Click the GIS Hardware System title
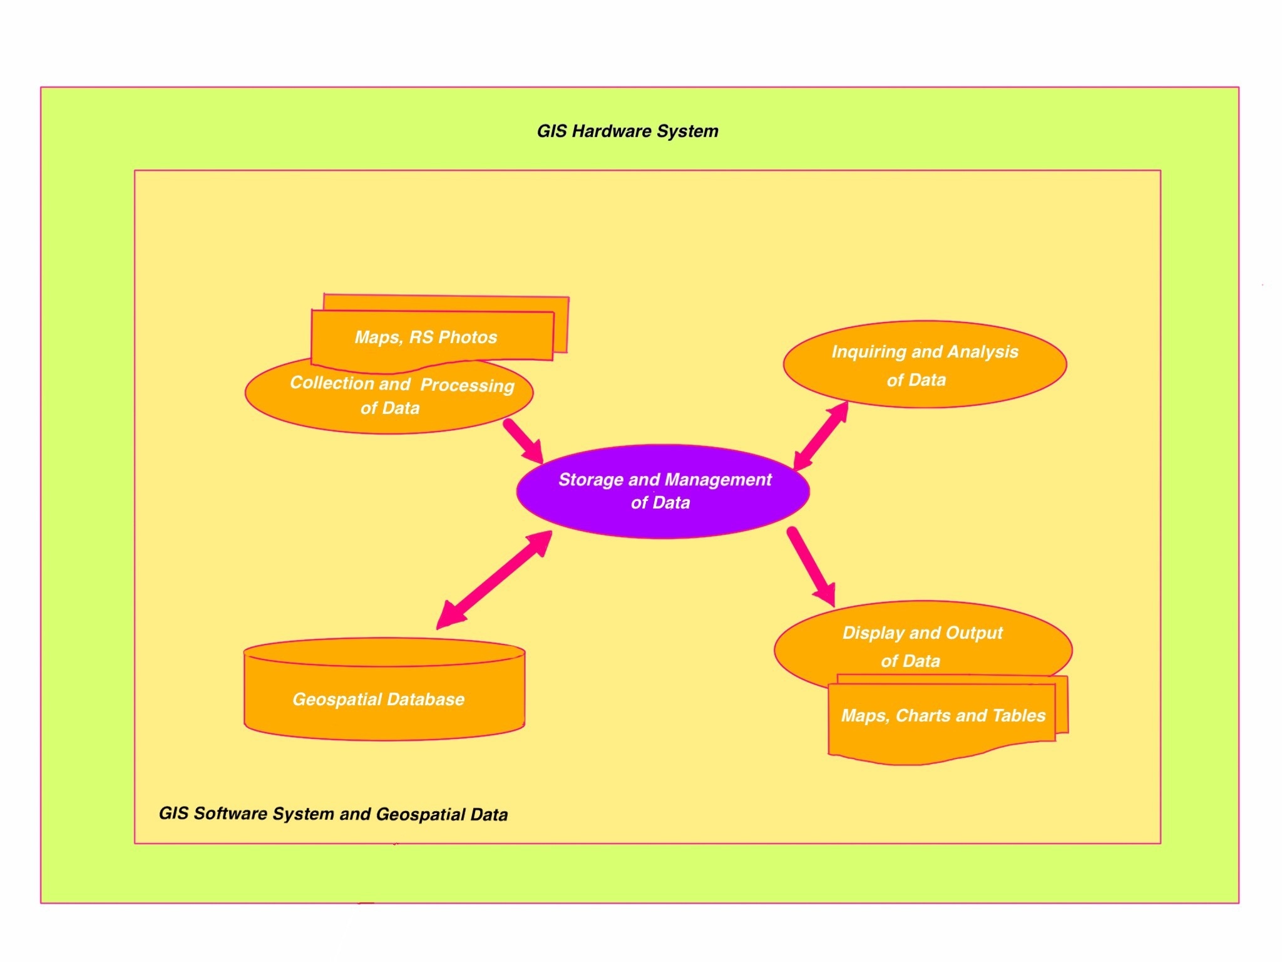[x=627, y=132]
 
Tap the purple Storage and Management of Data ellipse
[x=662, y=492]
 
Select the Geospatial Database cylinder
[x=384, y=695]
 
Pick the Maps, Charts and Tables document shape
[x=942, y=720]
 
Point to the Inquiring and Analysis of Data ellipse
[x=925, y=365]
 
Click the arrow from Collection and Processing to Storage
[x=523, y=440]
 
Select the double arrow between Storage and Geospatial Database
[x=495, y=579]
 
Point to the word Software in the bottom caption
[x=230, y=813]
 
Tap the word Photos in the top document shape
[x=468, y=338]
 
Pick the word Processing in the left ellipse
[x=467, y=385]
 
